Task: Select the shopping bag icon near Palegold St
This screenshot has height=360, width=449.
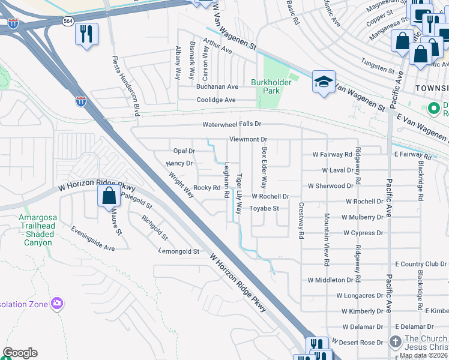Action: (x=109, y=196)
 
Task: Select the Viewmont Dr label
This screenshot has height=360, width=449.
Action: (x=248, y=139)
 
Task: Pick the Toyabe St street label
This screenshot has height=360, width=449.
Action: (x=265, y=208)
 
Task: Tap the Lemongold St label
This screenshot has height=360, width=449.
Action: (x=179, y=251)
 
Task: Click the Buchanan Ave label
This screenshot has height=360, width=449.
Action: (x=217, y=86)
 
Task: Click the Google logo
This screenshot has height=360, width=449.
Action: (x=20, y=353)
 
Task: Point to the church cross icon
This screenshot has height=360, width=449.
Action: (x=395, y=342)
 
